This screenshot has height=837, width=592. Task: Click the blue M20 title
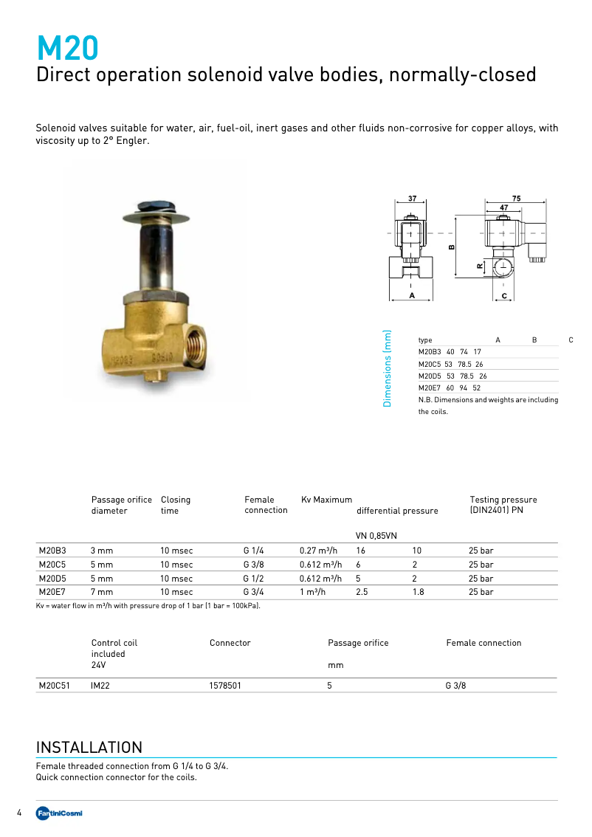(67, 49)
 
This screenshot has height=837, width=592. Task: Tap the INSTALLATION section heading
(89, 747)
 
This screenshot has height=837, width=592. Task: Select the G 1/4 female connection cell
(254, 551)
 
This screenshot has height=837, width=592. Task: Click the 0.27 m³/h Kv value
(318, 551)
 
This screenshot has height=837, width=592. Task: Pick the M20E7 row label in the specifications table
(52, 592)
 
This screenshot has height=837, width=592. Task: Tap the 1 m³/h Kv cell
(314, 592)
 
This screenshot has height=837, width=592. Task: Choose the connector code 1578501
(225, 686)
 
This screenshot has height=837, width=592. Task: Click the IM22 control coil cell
(100, 686)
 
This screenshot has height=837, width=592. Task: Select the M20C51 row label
(55, 686)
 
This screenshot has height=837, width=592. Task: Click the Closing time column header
(175, 505)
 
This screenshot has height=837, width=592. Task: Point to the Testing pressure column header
(503, 505)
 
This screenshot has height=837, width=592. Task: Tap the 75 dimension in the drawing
(516, 199)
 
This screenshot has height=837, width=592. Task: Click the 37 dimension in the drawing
(412, 199)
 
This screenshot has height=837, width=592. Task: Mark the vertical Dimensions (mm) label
(387, 368)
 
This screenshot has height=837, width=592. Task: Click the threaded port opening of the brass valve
(199, 345)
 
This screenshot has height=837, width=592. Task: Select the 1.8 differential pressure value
(418, 592)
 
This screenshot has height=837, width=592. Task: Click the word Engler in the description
(133, 140)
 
